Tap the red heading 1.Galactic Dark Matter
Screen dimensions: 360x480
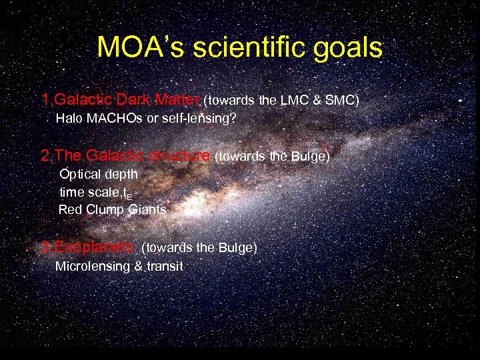click(120, 101)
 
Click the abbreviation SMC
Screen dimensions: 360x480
click(343, 101)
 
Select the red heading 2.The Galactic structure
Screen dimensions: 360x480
click(125, 156)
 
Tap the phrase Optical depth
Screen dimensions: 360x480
click(99, 174)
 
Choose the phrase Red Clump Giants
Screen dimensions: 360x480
click(112, 210)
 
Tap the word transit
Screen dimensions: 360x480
click(164, 267)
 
